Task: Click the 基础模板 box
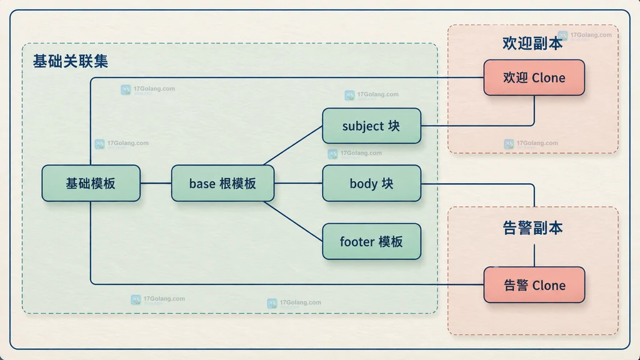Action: [x=91, y=183]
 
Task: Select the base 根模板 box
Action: [x=223, y=183]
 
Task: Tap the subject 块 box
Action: [x=371, y=126]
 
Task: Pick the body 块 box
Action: [x=371, y=183]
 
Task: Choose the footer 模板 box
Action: [x=371, y=241]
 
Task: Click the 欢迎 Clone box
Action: [x=534, y=77]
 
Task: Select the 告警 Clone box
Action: [x=534, y=285]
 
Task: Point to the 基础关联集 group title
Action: [x=71, y=61]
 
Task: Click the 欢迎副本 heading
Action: [x=532, y=43]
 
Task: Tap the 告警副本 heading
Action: [x=532, y=228]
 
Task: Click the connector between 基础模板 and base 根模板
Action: [x=156, y=183]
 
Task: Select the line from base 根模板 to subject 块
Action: [x=293, y=145]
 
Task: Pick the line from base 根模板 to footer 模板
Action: [x=293, y=221]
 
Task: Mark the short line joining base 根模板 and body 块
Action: [x=298, y=183]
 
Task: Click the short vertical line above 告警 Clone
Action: [x=534, y=256]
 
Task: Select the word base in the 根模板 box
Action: [x=202, y=184]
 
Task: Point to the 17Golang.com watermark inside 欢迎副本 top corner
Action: [x=585, y=36]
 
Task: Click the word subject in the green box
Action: [x=362, y=126]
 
